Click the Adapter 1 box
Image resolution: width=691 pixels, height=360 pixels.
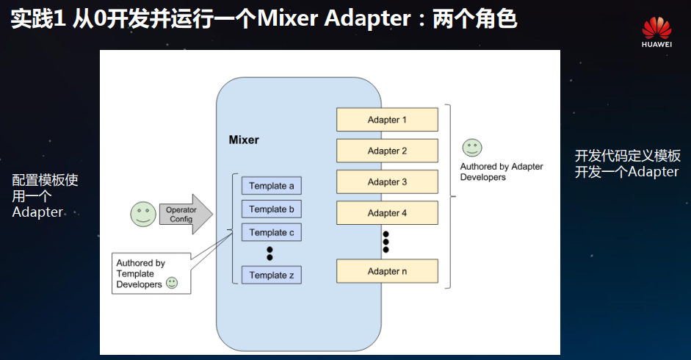(x=387, y=120)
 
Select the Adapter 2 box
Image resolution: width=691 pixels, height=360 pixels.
(x=387, y=151)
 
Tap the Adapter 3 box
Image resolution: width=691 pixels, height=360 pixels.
(x=387, y=181)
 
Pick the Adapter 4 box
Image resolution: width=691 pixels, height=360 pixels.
(x=387, y=213)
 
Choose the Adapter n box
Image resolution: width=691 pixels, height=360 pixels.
(x=387, y=271)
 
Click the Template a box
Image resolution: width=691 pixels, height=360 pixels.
(x=271, y=186)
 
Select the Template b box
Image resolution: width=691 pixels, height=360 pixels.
(x=271, y=209)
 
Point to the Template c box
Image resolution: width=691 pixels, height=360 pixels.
(x=271, y=232)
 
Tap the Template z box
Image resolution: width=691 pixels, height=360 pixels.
(x=271, y=276)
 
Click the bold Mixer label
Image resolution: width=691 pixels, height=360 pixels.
(x=244, y=140)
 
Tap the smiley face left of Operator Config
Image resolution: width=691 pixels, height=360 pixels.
(x=142, y=214)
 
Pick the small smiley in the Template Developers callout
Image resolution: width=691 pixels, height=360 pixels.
(x=172, y=283)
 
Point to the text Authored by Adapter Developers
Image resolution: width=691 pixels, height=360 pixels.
(x=501, y=172)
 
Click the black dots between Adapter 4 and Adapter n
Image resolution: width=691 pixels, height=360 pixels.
(x=386, y=242)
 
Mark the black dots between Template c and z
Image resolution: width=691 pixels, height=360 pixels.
(x=269, y=253)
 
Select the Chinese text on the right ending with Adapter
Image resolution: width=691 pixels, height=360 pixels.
(x=627, y=164)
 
